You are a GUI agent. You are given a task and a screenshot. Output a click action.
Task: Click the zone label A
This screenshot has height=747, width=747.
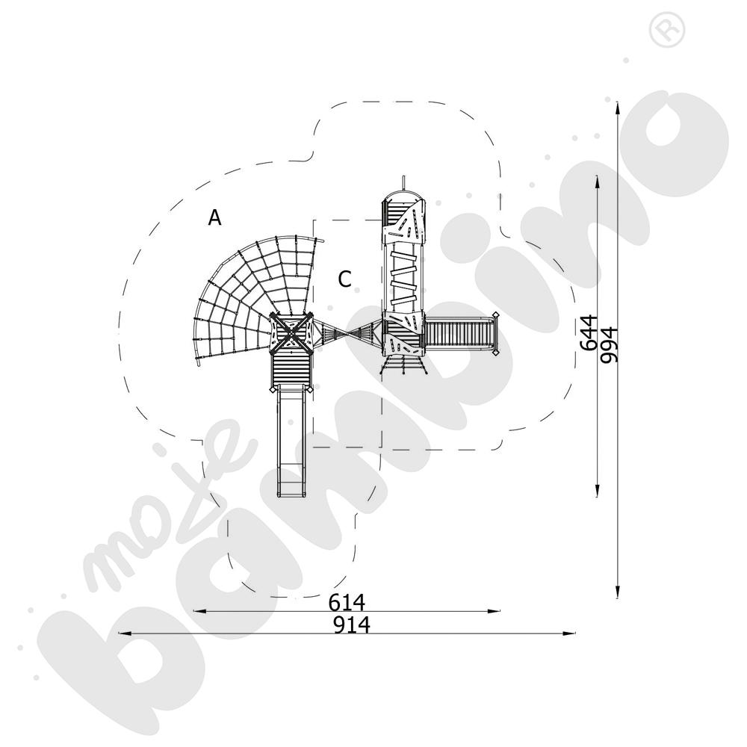click(215, 217)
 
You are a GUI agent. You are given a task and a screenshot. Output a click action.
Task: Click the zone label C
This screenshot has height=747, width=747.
click(344, 279)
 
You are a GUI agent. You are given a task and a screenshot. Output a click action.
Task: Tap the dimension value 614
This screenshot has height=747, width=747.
click(347, 603)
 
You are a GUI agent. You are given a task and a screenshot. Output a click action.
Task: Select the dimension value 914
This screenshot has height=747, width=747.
click(352, 624)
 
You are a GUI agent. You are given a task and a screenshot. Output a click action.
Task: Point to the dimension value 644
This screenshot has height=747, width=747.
click(589, 332)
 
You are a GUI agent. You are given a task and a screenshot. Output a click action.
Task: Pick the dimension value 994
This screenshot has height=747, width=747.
click(609, 345)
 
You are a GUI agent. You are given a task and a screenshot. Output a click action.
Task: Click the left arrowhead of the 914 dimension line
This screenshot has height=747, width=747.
click(124, 633)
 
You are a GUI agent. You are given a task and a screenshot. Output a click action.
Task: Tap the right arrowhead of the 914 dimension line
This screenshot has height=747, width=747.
click(568, 633)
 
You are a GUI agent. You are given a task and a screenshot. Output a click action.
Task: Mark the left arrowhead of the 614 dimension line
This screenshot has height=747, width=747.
click(199, 611)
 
